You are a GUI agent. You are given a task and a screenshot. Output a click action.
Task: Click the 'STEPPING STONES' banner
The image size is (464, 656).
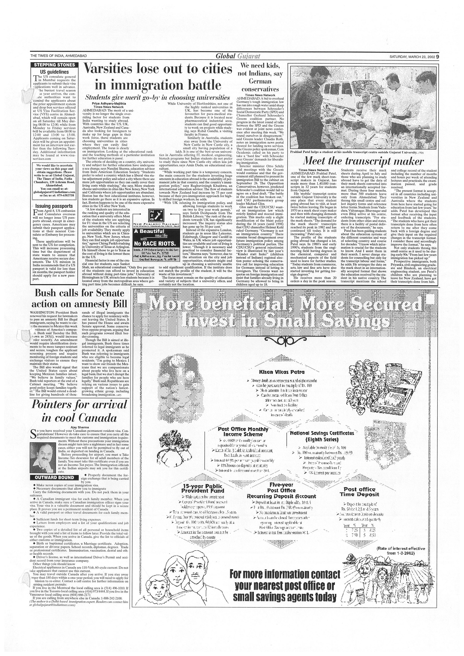tap(54, 65)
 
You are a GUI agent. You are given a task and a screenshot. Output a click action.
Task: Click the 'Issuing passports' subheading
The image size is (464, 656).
tap(54, 206)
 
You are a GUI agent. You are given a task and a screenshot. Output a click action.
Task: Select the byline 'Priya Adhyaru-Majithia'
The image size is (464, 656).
tap(109, 103)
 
